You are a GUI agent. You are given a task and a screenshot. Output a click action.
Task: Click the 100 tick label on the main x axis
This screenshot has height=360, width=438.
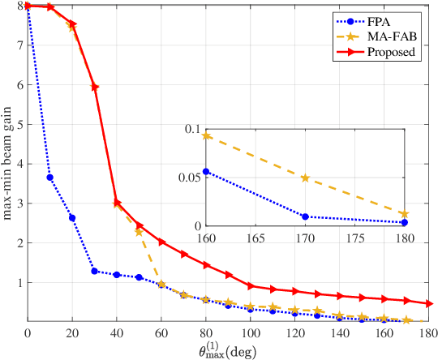tap(251, 332)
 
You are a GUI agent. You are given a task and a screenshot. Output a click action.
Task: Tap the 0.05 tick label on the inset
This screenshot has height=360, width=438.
tap(187, 178)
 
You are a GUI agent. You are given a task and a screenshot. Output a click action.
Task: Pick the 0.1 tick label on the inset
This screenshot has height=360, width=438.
tap(191, 129)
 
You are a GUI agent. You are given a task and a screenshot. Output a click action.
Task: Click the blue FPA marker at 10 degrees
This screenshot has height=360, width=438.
tap(50, 178)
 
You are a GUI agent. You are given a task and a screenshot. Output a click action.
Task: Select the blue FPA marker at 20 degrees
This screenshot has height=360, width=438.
tap(72, 217)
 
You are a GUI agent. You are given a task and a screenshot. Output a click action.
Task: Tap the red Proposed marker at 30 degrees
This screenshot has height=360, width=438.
tap(95, 87)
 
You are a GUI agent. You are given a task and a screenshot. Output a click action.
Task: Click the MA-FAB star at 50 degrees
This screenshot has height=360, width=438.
tap(140, 233)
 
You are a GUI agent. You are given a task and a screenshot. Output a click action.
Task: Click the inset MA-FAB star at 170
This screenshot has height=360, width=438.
tap(305, 178)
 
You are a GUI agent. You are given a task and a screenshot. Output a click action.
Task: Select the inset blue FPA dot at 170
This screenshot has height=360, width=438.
tap(305, 216)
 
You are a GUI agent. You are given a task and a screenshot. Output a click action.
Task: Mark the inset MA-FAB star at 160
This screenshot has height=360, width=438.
tap(206, 135)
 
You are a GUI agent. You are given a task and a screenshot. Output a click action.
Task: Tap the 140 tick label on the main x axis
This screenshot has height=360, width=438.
tap(340, 332)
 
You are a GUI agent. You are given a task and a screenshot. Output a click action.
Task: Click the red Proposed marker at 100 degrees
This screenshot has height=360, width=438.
tap(251, 286)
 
